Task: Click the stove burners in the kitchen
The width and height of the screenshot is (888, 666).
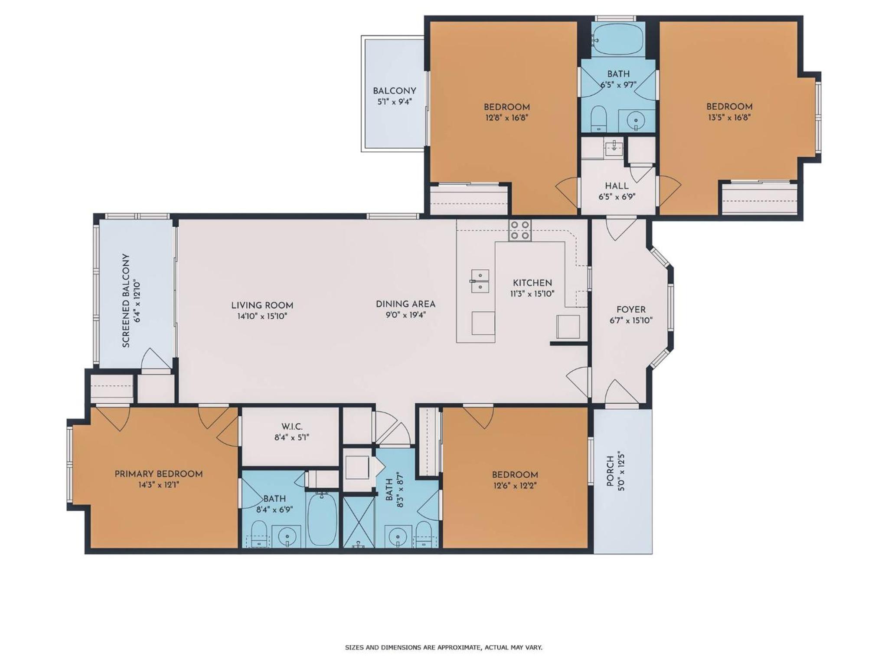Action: [520, 230]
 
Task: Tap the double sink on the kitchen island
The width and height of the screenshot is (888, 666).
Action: [480, 281]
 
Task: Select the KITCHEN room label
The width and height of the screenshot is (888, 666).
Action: [532, 283]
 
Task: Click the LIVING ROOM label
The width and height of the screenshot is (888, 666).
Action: [262, 305]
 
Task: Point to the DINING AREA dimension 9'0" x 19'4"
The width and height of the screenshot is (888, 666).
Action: [405, 315]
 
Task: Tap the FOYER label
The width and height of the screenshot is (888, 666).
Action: [631, 310]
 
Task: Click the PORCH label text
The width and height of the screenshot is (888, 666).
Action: [610, 471]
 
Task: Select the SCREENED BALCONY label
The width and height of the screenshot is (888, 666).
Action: [126, 300]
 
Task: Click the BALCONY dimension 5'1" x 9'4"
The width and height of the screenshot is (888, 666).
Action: [394, 102]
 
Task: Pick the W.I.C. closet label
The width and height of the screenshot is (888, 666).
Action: [291, 427]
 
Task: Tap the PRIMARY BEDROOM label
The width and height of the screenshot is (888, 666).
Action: [159, 474]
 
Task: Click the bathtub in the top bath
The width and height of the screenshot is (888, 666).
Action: [618, 39]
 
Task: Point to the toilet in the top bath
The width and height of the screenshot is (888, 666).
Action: [598, 118]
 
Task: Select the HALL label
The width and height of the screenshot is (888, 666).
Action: [617, 186]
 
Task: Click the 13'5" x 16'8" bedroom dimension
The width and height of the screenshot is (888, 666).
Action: [729, 118]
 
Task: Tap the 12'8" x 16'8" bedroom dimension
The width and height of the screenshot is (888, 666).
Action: [506, 118]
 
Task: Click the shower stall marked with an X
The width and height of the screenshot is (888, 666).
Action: [359, 522]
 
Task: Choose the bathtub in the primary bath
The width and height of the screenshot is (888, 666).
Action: [322, 519]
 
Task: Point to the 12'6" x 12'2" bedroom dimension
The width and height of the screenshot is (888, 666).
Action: [515, 486]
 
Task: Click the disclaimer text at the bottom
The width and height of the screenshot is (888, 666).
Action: [444, 647]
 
